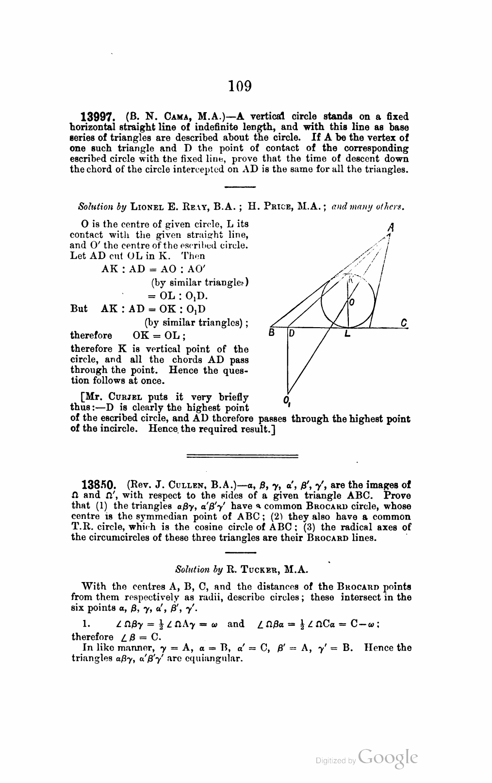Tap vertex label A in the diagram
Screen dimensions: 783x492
click(390, 226)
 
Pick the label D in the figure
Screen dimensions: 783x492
click(293, 333)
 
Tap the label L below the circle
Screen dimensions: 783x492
click(347, 334)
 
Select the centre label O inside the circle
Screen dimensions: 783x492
click(353, 302)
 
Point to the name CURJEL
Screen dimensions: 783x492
click(117, 398)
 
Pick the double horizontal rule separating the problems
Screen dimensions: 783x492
click(242, 456)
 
